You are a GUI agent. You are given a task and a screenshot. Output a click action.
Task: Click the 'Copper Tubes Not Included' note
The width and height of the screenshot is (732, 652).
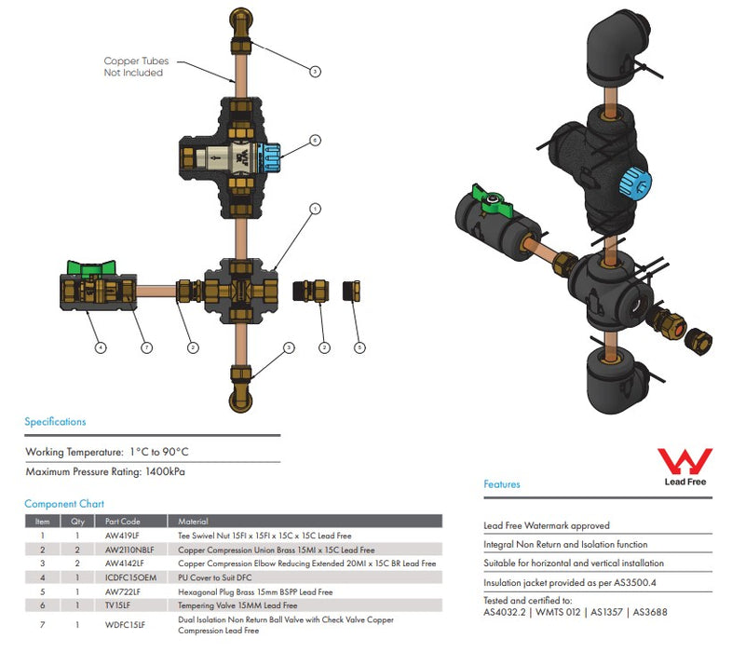coord(135,67)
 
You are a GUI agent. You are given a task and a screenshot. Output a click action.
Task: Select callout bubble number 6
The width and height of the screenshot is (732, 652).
coord(315,141)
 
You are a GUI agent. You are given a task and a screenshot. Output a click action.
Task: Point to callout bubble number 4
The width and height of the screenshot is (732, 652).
coord(101,348)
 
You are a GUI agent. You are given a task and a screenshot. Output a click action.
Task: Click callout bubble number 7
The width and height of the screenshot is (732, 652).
coord(147,348)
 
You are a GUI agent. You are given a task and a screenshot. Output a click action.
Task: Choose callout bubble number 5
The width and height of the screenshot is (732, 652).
coord(359,348)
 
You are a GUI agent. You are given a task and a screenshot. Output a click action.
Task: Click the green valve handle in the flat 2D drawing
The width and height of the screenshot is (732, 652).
coord(91,271)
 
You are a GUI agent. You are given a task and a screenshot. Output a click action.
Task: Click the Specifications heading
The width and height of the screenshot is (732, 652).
coord(55,422)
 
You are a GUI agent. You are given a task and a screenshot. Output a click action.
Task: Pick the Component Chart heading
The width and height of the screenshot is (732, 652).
coord(64,504)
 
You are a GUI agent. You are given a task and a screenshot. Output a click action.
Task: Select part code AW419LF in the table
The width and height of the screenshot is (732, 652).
coord(122,537)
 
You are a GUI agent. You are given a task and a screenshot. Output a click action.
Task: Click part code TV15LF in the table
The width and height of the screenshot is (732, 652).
coord(118,604)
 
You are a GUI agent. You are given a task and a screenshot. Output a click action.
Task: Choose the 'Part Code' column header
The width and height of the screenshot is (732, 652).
coord(122,522)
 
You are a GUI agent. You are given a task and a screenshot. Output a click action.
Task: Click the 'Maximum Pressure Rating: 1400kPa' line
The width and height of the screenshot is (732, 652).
coord(104,472)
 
